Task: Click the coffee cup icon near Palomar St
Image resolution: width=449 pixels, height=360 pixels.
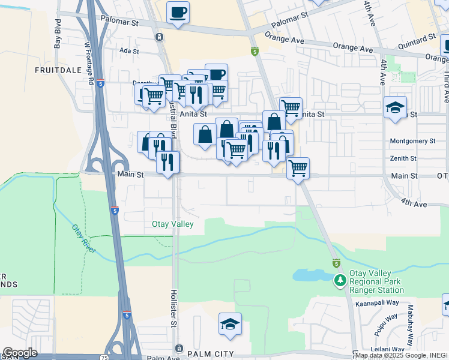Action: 177,12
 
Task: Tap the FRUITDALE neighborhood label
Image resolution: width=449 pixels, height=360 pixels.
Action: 58,70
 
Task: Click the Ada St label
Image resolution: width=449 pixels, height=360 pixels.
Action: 129,52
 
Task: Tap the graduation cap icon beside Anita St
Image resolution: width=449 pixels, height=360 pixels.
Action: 395,107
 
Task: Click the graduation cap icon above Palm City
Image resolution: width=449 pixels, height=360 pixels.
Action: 230,324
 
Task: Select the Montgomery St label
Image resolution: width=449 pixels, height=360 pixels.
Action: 412,141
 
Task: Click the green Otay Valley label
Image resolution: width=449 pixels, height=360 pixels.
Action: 172,224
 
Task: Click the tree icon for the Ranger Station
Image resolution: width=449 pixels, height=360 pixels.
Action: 340,280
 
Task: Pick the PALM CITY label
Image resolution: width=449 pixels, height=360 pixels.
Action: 210,355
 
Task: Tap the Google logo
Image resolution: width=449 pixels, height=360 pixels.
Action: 20,353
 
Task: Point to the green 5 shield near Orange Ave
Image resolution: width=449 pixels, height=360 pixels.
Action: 255,52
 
